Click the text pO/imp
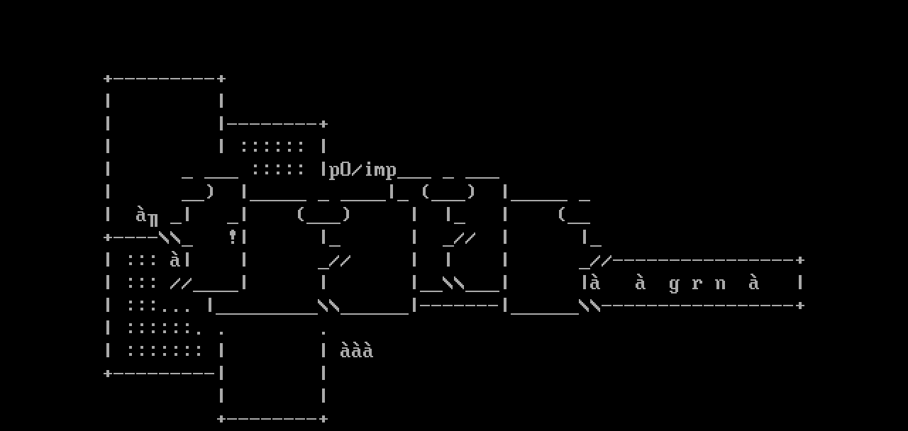(362, 170)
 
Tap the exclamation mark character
(232, 237)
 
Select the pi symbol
(153, 217)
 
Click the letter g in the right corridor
(674, 284)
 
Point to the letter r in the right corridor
(697, 284)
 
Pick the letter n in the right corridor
(720, 284)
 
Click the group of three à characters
(356, 351)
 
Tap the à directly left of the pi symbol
(141, 214)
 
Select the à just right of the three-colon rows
(175, 260)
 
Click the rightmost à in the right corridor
(754, 283)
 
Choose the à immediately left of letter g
(641, 283)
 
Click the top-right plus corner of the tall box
(221, 78)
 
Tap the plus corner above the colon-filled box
(323, 124)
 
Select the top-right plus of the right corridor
(800, 260)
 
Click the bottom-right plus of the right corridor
(800, 306)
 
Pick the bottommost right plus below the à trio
(323, 419)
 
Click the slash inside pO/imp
(358, 170)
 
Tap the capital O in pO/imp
(345, 170)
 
